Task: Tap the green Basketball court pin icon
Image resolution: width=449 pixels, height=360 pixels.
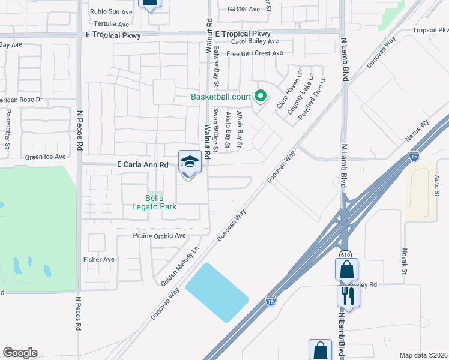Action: [x=261, y=95]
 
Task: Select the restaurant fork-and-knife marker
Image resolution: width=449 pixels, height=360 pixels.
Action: [x=348, y=295]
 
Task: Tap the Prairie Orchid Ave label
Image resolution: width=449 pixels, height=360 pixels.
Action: [x=159, y=236]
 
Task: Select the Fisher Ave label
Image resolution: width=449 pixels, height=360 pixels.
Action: [x=99, y=259]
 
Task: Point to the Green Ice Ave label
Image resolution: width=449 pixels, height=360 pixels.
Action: [x=46, y=157]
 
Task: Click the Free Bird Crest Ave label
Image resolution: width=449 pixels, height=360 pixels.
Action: [x=255, y=53]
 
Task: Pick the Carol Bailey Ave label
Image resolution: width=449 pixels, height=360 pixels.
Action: [x=255, y=41]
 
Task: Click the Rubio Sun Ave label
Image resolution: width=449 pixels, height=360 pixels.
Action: [x=111, y=11]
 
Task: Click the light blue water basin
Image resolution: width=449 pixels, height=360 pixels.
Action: [x=217, y=292]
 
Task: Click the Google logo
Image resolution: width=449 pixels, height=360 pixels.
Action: [x=20, y=353]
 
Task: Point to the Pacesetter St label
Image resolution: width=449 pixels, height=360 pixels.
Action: [x=8, y=128]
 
